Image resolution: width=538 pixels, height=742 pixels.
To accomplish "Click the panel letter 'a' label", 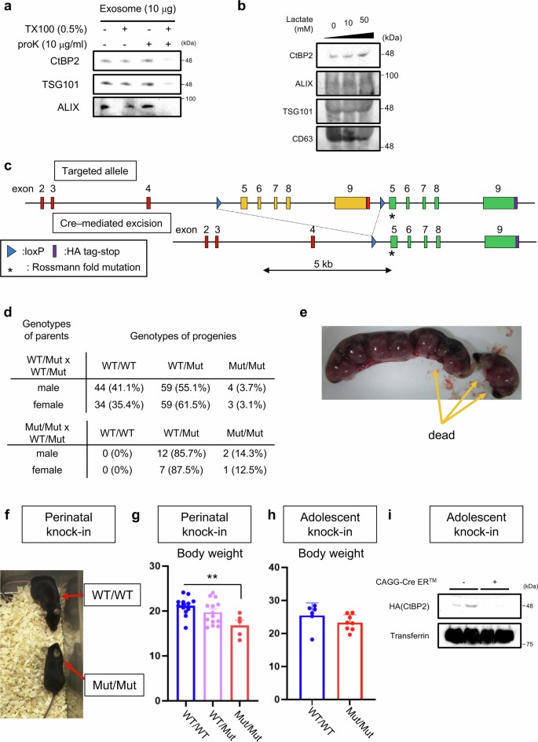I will [7, 7].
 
